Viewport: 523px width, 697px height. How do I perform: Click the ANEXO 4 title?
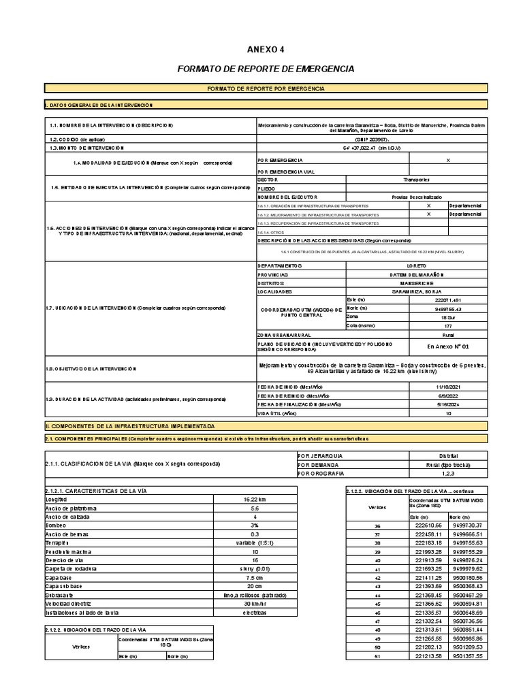point(266,49)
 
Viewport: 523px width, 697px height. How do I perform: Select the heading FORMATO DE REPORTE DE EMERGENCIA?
point(266,69)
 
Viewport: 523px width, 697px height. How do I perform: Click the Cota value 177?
point(447,326)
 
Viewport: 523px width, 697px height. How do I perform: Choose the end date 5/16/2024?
point(447,404)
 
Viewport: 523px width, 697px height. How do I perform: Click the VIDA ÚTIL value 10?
point(447,413)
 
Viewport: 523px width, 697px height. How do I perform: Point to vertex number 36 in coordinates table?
point(377,525)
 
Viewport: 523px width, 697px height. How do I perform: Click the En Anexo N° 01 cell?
point(447,345)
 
